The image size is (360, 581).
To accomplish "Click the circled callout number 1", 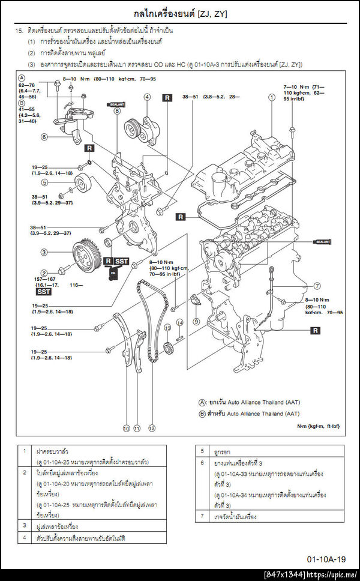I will (272, 97).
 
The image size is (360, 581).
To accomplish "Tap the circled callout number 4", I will (147, 97).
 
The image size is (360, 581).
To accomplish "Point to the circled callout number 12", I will (152, 428).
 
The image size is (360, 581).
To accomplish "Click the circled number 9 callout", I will (196, 321).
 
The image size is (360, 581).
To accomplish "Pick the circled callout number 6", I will (44, 137).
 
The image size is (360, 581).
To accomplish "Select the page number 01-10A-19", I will (326, 558).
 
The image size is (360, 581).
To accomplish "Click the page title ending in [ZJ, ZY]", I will (180, 13).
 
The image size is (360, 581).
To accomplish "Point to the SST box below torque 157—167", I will (44, 292).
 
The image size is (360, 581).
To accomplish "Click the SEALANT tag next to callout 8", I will (116, 103).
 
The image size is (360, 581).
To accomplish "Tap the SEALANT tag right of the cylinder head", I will (321, 242).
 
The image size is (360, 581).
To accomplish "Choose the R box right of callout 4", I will (167, 97).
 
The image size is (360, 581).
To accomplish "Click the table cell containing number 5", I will (202, 450).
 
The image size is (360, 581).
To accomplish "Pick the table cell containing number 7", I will (202, 516).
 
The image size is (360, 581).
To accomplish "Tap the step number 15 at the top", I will (19, 29).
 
